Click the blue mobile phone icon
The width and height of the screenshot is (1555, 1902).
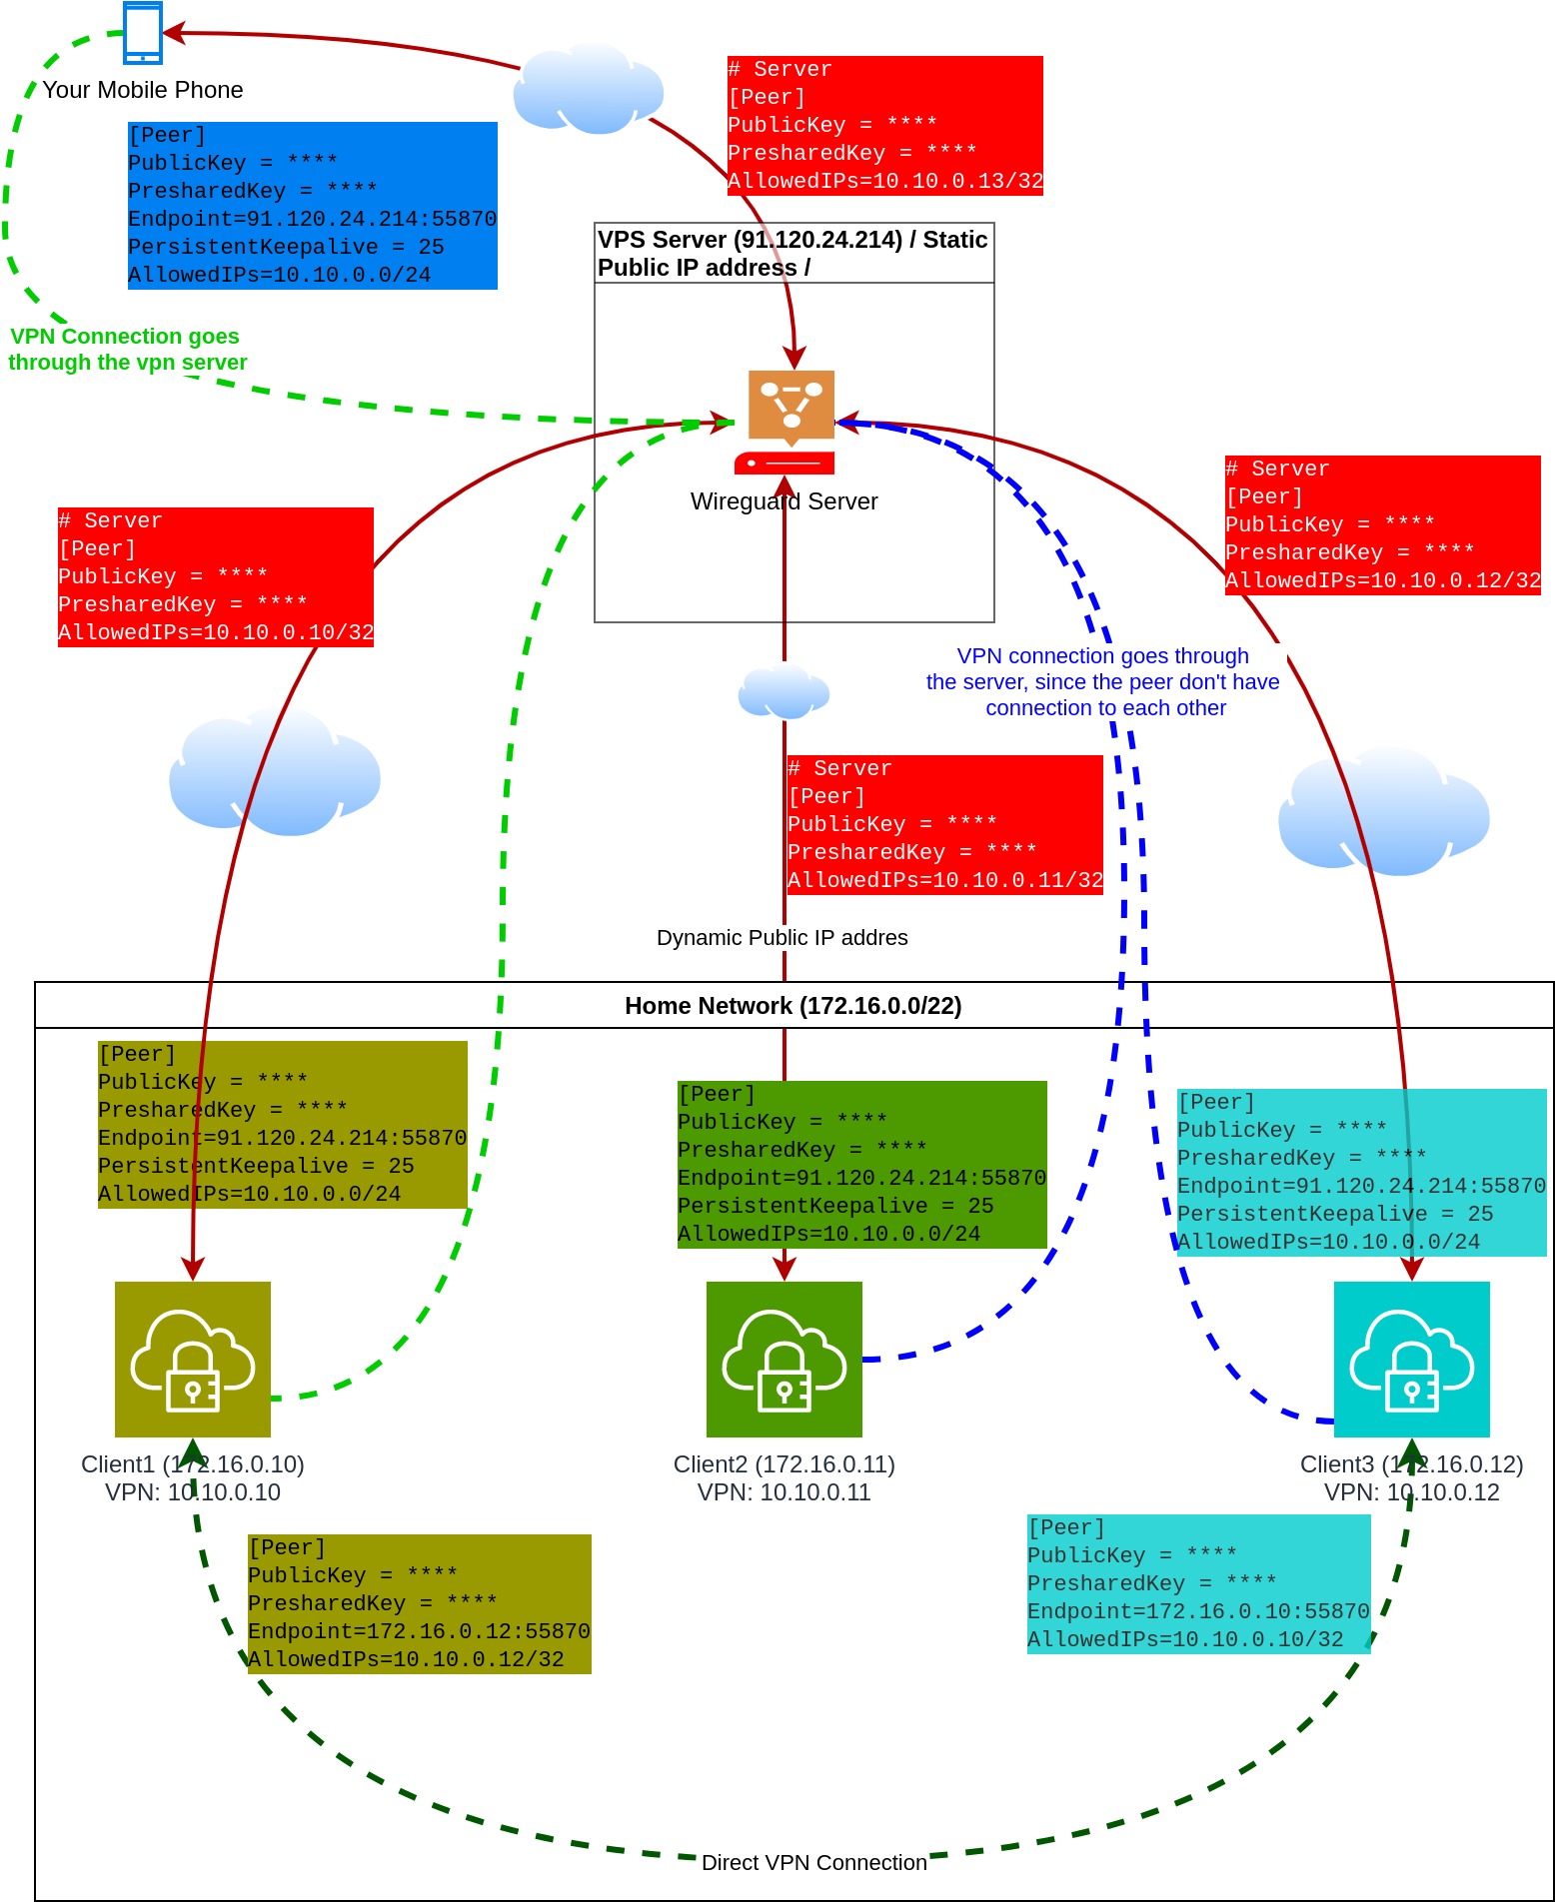[143, 33]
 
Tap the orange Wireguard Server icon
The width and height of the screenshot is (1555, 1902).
[790, 422]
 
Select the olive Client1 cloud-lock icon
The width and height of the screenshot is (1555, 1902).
[193, 1360]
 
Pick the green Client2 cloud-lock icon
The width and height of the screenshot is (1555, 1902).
[784, 1360]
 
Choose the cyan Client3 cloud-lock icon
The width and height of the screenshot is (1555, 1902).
[1412, 1360]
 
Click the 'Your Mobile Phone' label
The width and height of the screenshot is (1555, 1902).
[143, 90]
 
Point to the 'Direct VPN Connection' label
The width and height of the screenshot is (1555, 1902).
[814, 1863]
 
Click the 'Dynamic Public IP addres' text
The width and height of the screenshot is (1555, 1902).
[782, 938]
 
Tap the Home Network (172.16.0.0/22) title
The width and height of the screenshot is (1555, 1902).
[793, 1006]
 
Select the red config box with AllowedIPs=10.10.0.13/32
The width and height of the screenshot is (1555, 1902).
[885, 126]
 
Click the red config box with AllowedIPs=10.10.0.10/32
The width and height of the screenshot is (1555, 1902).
[216, 577]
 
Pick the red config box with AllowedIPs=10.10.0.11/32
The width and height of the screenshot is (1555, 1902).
[945, 825]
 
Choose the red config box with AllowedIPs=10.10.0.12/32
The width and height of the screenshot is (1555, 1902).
[1383, 525]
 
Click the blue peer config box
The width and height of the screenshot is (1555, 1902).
[313, 206]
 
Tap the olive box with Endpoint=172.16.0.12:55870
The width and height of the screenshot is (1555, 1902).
[420, 1604]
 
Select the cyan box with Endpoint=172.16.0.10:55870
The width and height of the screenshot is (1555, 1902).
[1199, 1584]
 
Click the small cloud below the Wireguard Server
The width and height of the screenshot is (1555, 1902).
[784, 691]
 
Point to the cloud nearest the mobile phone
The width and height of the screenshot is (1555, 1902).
[589, 89]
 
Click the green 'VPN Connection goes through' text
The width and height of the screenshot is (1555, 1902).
[125, 337]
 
